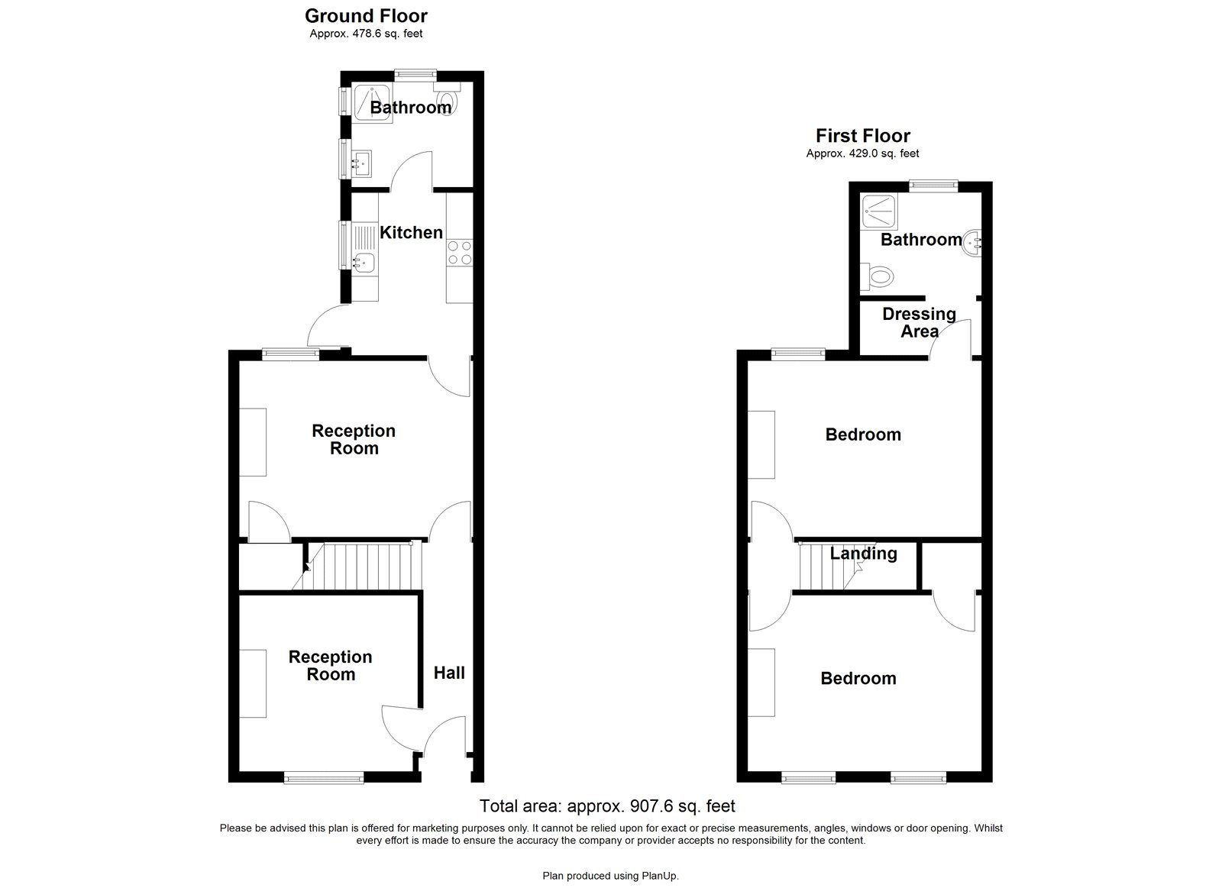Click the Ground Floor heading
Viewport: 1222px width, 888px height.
(366, 15)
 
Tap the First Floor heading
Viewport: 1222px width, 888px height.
(862, 136)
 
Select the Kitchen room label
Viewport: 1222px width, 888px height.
(411, 233)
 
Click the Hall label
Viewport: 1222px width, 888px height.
(449, 673)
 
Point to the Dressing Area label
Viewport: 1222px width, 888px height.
(919, 322)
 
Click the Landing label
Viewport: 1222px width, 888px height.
(863, 554)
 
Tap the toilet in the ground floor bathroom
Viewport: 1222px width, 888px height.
(447, 100)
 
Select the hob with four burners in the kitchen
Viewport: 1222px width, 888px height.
(459, 253)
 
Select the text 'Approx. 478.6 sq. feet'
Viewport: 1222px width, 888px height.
(366, 34)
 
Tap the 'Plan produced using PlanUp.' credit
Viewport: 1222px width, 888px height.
(610, 876)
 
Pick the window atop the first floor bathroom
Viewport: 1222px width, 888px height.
(933, 183)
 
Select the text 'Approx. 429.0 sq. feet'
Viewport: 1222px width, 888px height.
(862, 153)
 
